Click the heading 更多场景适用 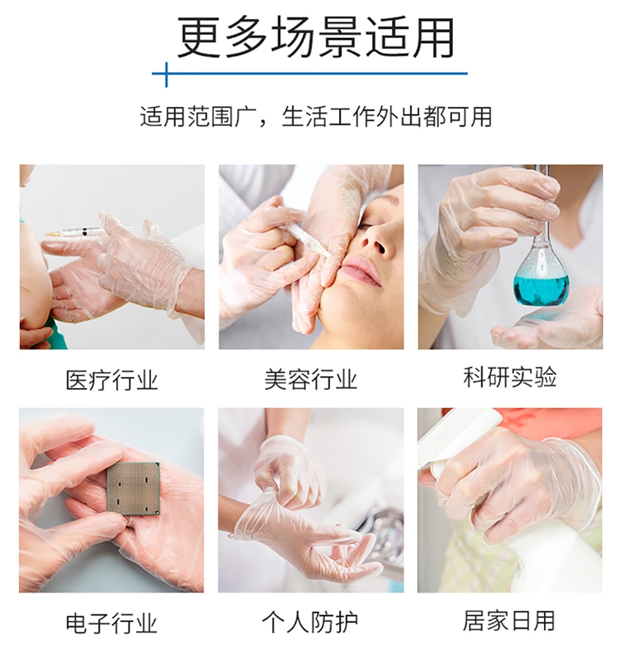pyautogui.click(x=316, y=37)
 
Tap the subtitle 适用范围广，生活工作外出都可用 pyautogui.click(x=316, y=117)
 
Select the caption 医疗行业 pyautogui.click(x=112, y=380)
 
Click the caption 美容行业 pyautogui.click(x=311, y=379)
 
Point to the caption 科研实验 pyautogui.click(x=510, y=376)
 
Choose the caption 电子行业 pyautogui.click(x=111, y=623)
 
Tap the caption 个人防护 pyautogui.click(x=310, y=623)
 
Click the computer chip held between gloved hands pyautogui.click(x=134, y=488)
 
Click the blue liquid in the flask pyautogui.click(x=541, y=289)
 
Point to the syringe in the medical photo pyautogui.click(x=77, y=232)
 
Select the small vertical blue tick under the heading pyautogui.click(x=166, y=75)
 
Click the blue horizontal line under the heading pyautogui.click(x=310, y=74)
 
